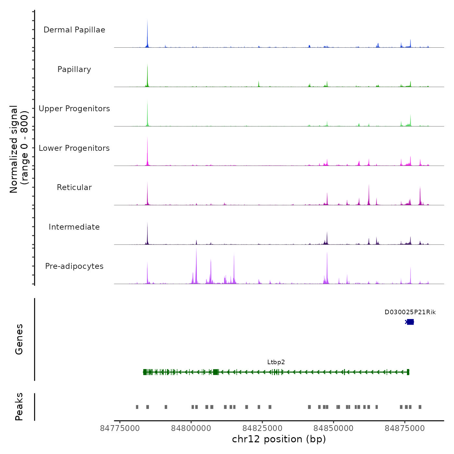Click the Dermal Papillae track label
[x=74, y=30]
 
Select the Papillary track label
[x=74, y=69]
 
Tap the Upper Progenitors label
[x=74, y=109]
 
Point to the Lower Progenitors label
[x=74, y=148]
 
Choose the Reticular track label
[x=74, y=187]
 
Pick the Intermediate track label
[x=74, y=227]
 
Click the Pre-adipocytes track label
[x=74, y=266]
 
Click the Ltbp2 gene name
[x=276, y=362]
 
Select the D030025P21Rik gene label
[x=410, y=312]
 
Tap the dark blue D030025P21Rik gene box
[x=410, y=322]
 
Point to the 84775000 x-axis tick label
[x=120, y=428]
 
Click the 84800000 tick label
[x=191, y=428]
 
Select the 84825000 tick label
[x=262, y=428]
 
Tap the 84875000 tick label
[x=405, y=428]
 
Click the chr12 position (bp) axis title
[x=279, y=439]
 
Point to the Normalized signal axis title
[x=19, y=149]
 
